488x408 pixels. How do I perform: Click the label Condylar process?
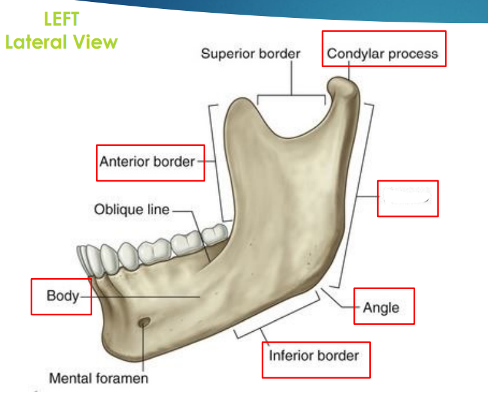(383, 54)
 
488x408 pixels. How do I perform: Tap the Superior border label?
(250, 54)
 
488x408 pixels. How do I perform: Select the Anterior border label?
(147, 162)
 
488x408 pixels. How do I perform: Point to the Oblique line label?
(132, 210)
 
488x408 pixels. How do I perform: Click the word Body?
(62, 296)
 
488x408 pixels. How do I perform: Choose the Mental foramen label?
(99, 378)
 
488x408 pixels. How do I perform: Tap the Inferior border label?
(314, 355)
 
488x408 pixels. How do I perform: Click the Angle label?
(381, 308)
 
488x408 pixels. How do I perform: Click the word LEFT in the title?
(61, 19)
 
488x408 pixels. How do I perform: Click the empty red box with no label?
(407, 198)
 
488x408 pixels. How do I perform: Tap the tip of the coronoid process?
(239, 102)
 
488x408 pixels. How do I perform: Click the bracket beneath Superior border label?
(291, 96)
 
